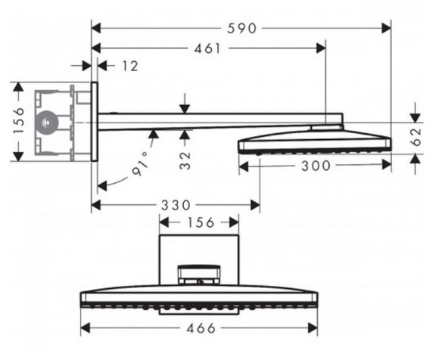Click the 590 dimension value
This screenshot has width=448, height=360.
[x=241, y=29]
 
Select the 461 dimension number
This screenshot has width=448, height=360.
[x=207, y=48]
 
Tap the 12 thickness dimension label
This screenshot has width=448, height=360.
[x=130, y=67]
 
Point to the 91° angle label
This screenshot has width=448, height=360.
[x=141, y=164]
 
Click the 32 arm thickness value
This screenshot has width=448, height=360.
[x=185, y=161]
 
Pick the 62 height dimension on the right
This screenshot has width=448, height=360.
[x=416, y=137]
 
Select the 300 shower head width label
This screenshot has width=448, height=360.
[x=316, y=166]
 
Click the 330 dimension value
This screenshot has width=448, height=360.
[x=176, y=205]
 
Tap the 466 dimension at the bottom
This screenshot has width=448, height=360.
[x=201, y=328]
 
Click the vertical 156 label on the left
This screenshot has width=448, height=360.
[x=19, y=121]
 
